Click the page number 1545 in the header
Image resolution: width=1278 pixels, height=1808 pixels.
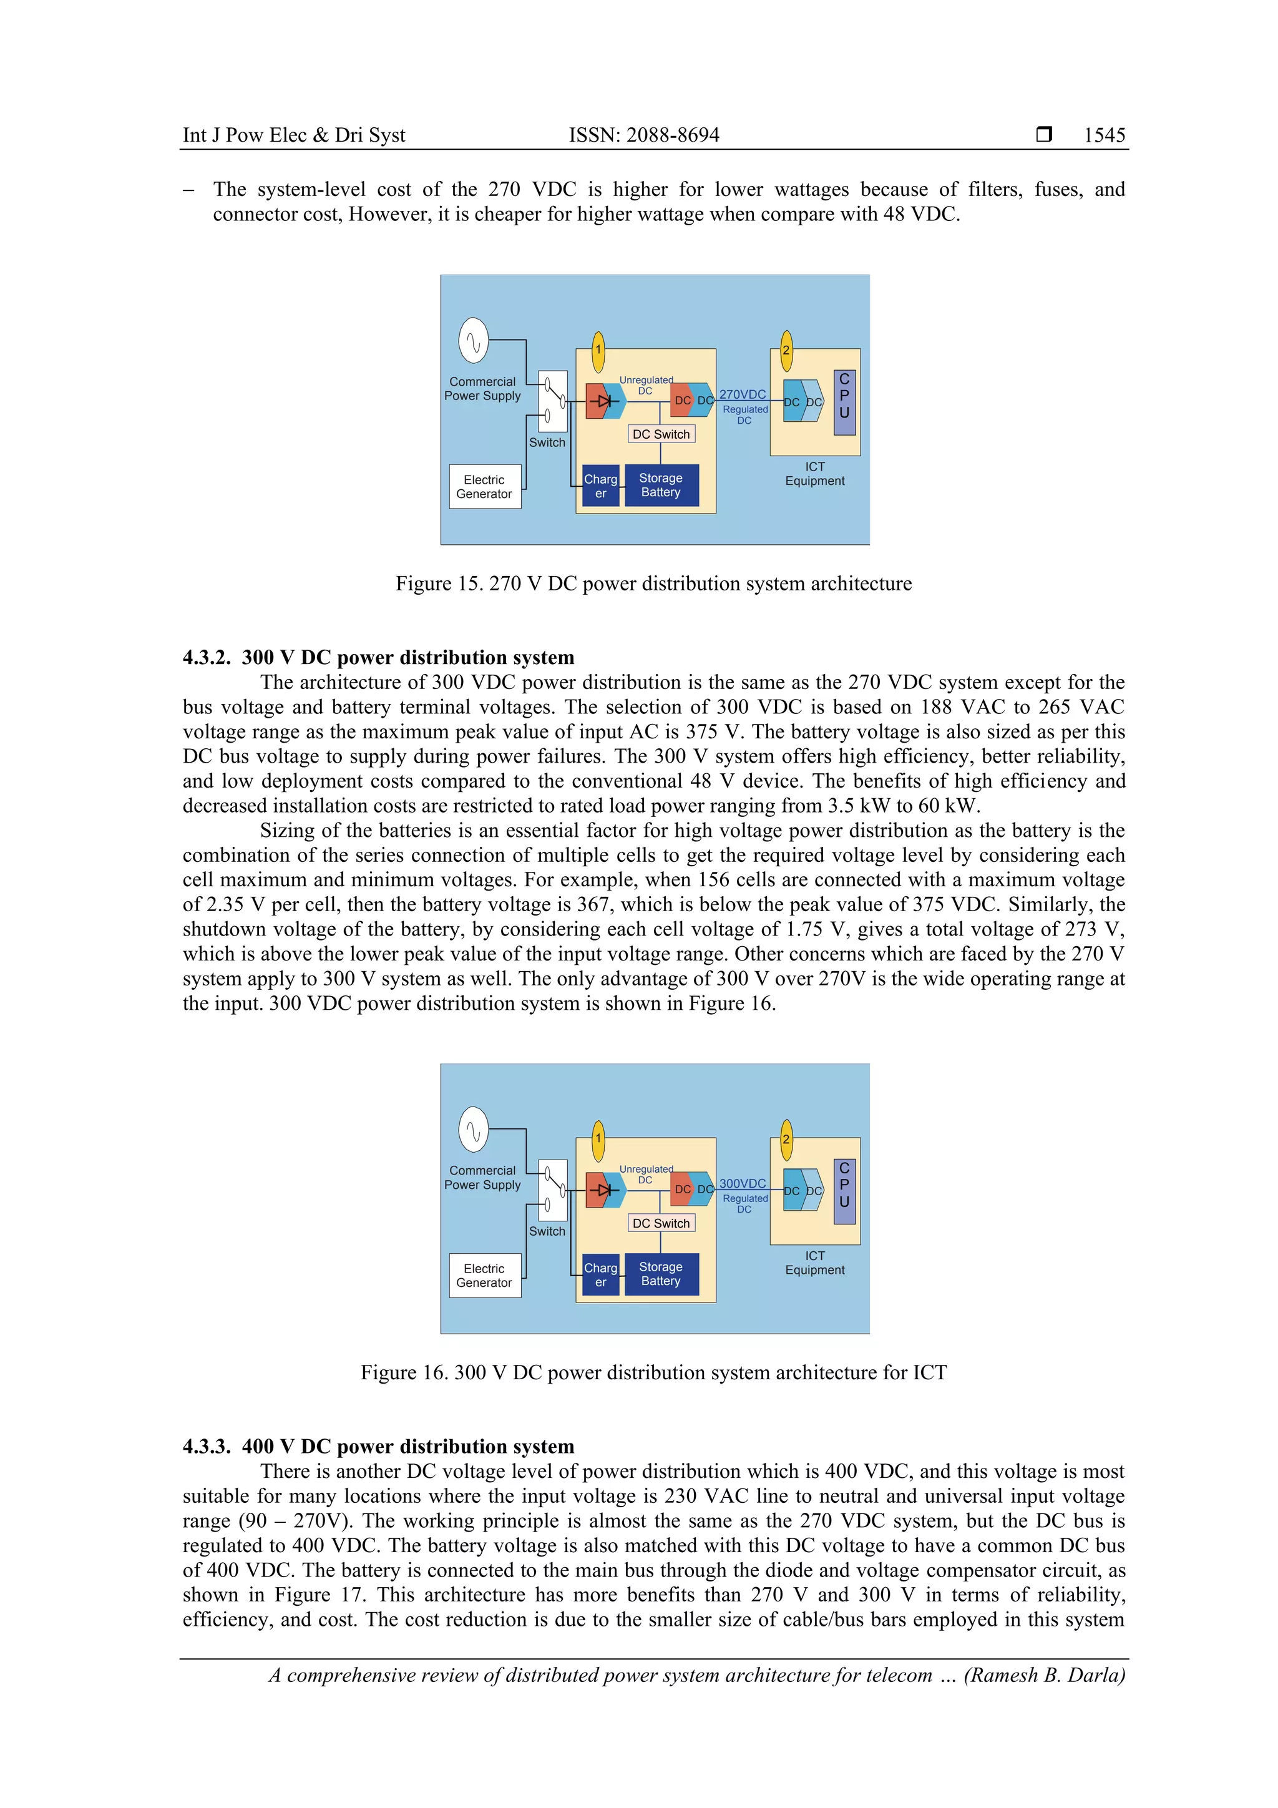1104,135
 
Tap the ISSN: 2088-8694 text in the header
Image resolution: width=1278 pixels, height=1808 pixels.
643,135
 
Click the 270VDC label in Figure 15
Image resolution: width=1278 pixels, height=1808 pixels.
742,394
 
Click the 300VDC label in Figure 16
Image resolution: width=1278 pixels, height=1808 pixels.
742,1183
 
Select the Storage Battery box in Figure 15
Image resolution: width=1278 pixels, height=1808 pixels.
661,485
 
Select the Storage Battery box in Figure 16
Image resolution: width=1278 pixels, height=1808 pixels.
661,1274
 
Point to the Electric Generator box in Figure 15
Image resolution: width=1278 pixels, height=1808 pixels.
484,487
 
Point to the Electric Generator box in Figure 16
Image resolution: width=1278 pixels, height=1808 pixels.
484,1276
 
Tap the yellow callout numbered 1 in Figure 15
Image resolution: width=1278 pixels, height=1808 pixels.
598,350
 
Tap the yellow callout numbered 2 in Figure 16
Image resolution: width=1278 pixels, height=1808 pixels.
785,1140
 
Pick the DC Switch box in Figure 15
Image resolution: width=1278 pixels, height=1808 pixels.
661,434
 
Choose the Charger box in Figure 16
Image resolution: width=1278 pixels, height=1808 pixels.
600,1275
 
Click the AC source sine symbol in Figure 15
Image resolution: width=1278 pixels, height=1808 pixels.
473,341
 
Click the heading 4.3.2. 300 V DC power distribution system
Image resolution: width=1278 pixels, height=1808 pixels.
378,658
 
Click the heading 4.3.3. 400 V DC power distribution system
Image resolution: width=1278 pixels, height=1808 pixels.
378,1447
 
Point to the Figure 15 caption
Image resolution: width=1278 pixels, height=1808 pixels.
653,584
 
